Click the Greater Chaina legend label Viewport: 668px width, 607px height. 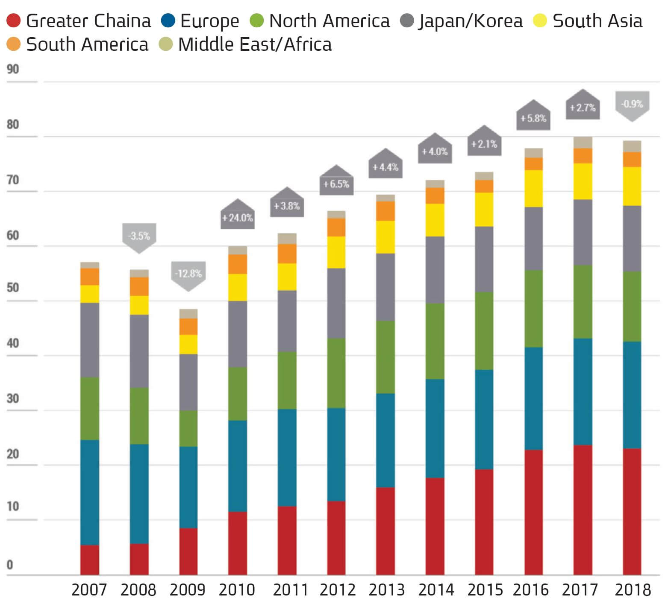pyautogui.click(x=88, y=21)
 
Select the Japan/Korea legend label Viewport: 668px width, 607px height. pyautogui.click(x=470, y=21)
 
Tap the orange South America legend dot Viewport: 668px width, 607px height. pyautogui.click(x=14, y=44)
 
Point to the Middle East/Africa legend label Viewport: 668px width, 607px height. pyautogui.click(x=255, y=44)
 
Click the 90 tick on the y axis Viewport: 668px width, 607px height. pyautogui.click(x=13, y=69)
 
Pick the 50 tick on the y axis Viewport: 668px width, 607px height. pyautogui.click(x=13, y=287)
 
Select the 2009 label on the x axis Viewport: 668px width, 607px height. pyautogui.click(x=187, y=590)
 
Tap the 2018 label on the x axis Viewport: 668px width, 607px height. pyautogui.click(x=633, y=590)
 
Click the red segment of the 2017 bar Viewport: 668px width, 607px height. pyautogui.click(x=583, y=510)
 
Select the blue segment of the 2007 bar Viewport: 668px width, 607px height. pyautogui.click(x=90, y=492)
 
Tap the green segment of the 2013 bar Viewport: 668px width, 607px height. pyautogui.click(x=385, y=357)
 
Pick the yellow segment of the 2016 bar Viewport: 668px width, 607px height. pyautogui.click(x=533, y=188)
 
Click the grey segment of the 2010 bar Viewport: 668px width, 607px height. pyautogui.click(x=238, y=334)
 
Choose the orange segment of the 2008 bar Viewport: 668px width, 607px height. pyautogui.click(x=139, y=286)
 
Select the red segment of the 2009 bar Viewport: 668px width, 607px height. pyautogui.click(x=188, y=551)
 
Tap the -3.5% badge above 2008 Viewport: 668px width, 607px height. pyautogui.click(x=139, y=236)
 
